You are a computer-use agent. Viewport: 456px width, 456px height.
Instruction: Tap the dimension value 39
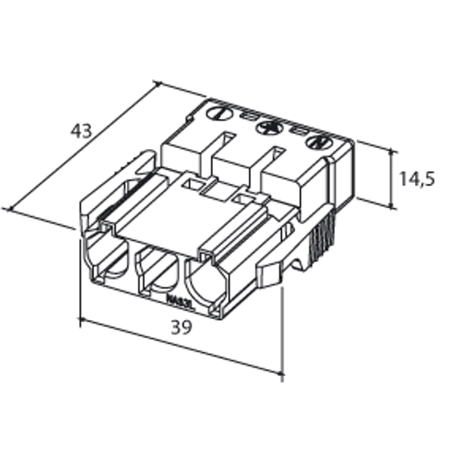181,328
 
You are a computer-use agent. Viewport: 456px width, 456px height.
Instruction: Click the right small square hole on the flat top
242,198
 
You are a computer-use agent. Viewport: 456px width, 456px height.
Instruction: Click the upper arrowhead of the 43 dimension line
156,84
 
